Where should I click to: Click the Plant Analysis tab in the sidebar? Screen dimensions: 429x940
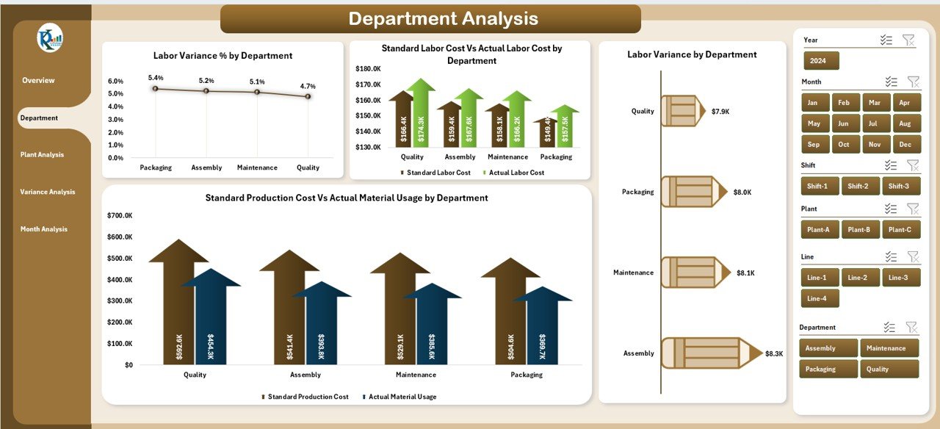(x=42, y=155)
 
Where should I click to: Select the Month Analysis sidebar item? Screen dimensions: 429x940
(x=43, y=229)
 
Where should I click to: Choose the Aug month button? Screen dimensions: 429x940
(x=905, y=123)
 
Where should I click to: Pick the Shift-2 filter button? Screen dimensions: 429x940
(x=860, y=186)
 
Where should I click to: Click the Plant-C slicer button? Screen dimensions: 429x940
(x=900, y=229)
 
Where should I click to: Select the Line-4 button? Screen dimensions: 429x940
(x=820, y=298)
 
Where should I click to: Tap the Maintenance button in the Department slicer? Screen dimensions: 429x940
(x=889, y=348)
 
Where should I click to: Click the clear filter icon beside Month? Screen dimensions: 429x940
(x=913, y=82)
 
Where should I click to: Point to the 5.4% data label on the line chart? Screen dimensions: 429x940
(x=156, y=78)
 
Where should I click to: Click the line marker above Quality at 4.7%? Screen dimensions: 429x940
(x=308, y=96)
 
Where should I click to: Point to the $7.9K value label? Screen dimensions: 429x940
(x=720, y=112)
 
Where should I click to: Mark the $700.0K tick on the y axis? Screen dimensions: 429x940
(x=120, y=216)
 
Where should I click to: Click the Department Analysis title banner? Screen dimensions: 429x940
(x=430, y=19)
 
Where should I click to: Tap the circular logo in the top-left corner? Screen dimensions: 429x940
(x=51, y=38)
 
